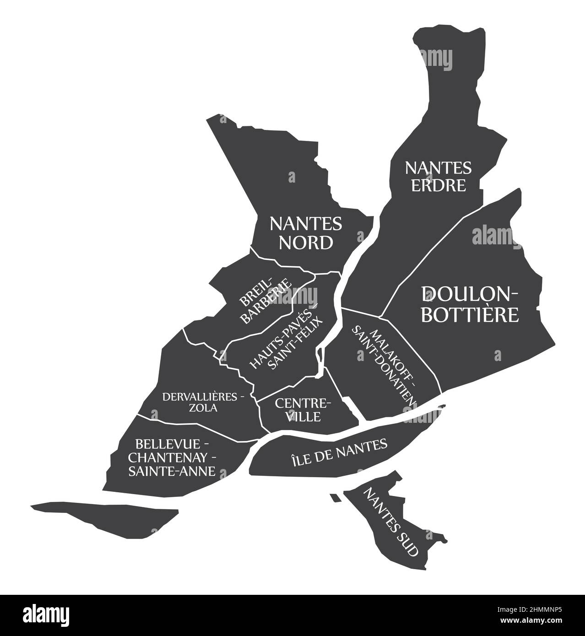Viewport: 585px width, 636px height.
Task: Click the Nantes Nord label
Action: [306, 233]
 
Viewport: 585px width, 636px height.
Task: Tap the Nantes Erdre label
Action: [438, 176]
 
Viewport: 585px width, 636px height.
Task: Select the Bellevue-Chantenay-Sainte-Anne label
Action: [172, 458]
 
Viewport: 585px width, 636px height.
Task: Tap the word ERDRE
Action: [438, 185]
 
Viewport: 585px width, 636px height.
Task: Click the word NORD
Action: [306, 243]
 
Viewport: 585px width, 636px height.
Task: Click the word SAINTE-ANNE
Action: [172, 471]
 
